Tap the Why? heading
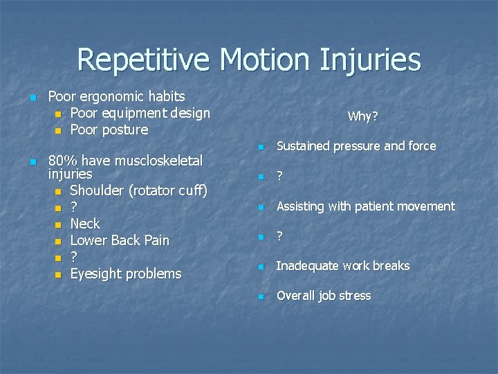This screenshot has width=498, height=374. [x=362, y=116]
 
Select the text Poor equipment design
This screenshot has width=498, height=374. [x=140, y=113]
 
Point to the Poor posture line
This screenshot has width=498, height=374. [x=109, y=130]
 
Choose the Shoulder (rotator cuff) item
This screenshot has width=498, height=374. [x=138, y=190]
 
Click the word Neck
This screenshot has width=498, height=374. [x=85, y=224]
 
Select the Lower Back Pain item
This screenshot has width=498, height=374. [x=120, y=240]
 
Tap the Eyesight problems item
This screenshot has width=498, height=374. [x=126, y=274]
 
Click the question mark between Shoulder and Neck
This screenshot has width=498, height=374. [x=73, y=207]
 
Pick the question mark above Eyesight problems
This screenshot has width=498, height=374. [x=73, y=257]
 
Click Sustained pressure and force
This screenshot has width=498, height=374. [x=356, y=146]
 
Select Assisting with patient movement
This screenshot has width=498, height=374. [x=366, y=206]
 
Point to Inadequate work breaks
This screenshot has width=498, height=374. [x=343, y=266]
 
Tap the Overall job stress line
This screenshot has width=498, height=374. [x=324, y=296]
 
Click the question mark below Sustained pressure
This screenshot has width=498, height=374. [x=279, y=177]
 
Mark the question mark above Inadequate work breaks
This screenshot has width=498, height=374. [x=279, y=236]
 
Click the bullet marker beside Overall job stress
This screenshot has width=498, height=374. [x=261, y=297]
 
